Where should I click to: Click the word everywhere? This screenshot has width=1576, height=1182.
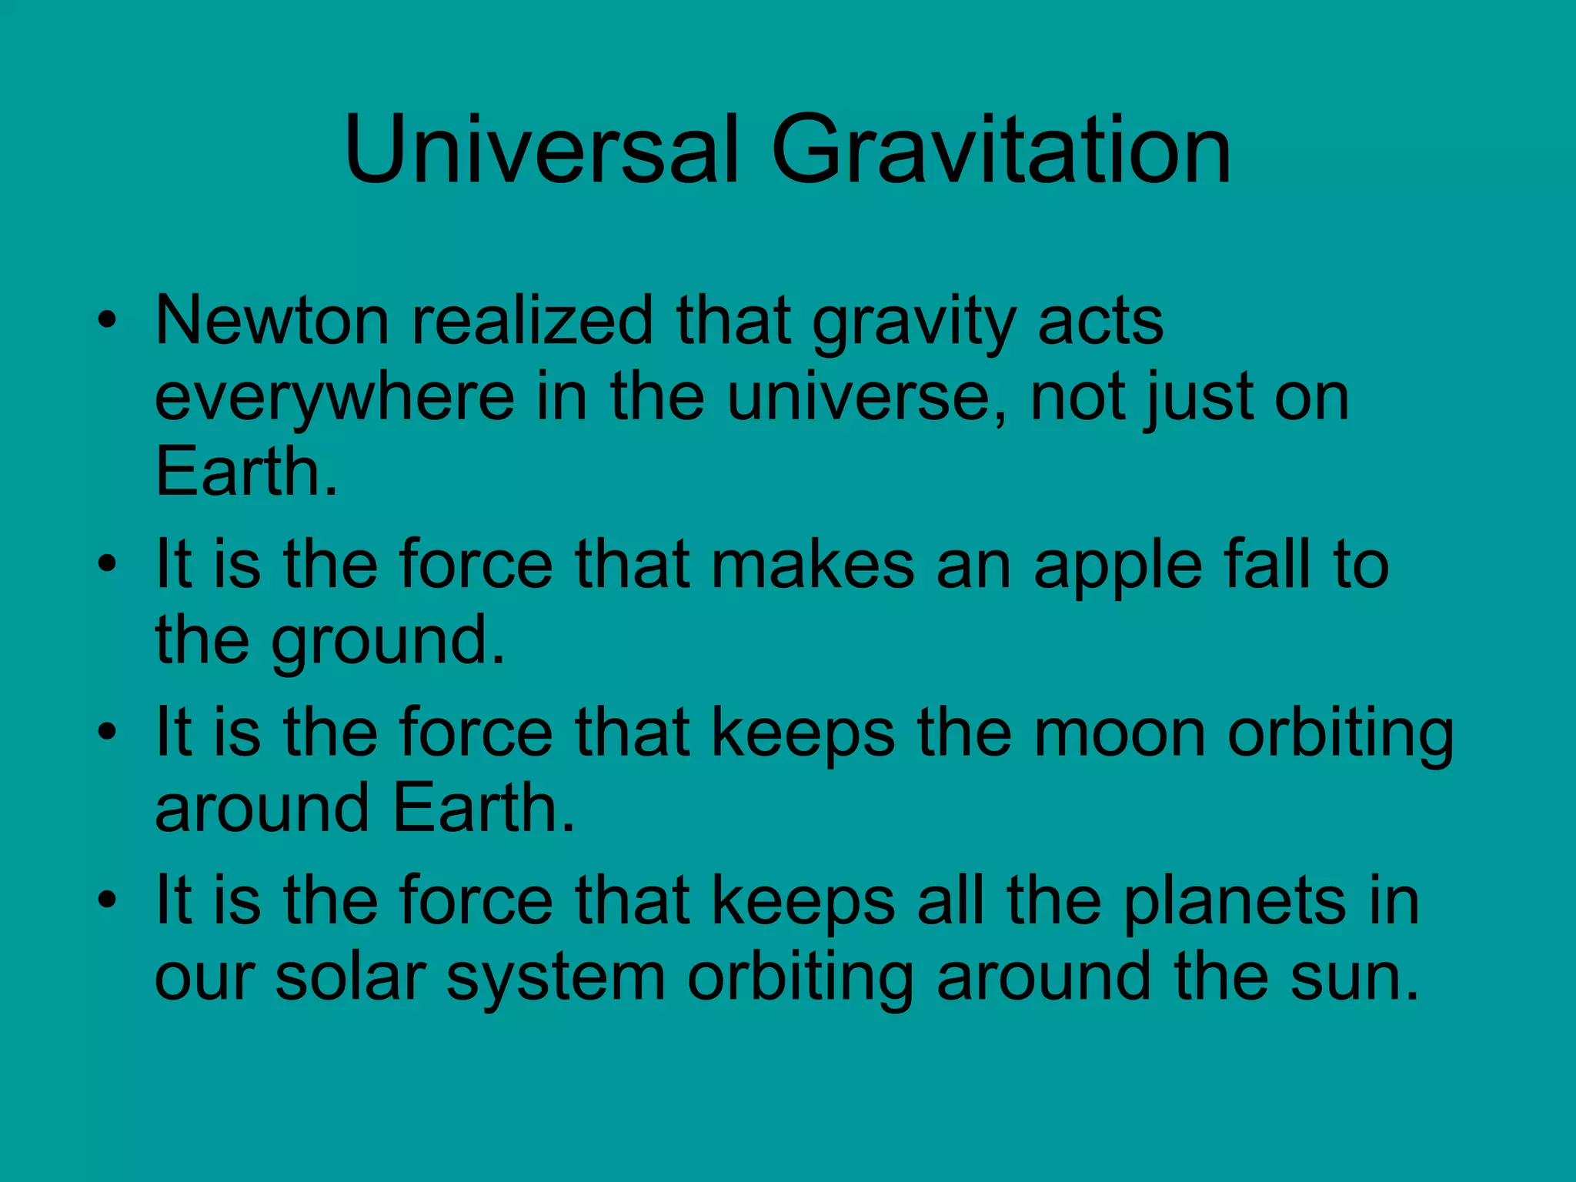click(334, 399)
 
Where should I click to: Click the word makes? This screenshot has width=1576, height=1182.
click(812, 565)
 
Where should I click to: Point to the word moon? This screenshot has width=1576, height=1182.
click(1119, 733)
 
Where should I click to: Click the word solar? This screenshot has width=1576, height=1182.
click(350, 977)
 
